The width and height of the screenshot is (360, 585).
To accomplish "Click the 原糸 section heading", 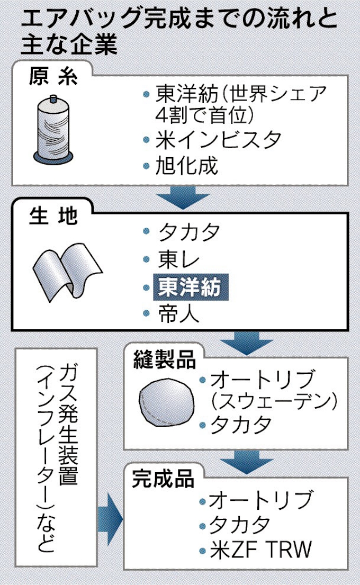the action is tap(53, 77).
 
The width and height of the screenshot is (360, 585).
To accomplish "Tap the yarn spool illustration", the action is tap(53, 130).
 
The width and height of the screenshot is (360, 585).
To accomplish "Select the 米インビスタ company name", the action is tap(218, 140).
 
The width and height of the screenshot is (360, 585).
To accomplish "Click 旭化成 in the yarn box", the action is tap(186, 165).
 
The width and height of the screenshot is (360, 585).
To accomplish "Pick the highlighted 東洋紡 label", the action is tap(191, 287).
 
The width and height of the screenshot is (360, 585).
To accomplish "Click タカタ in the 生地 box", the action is tap(189, 232).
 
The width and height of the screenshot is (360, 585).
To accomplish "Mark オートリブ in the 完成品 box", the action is tap(260, 500).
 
